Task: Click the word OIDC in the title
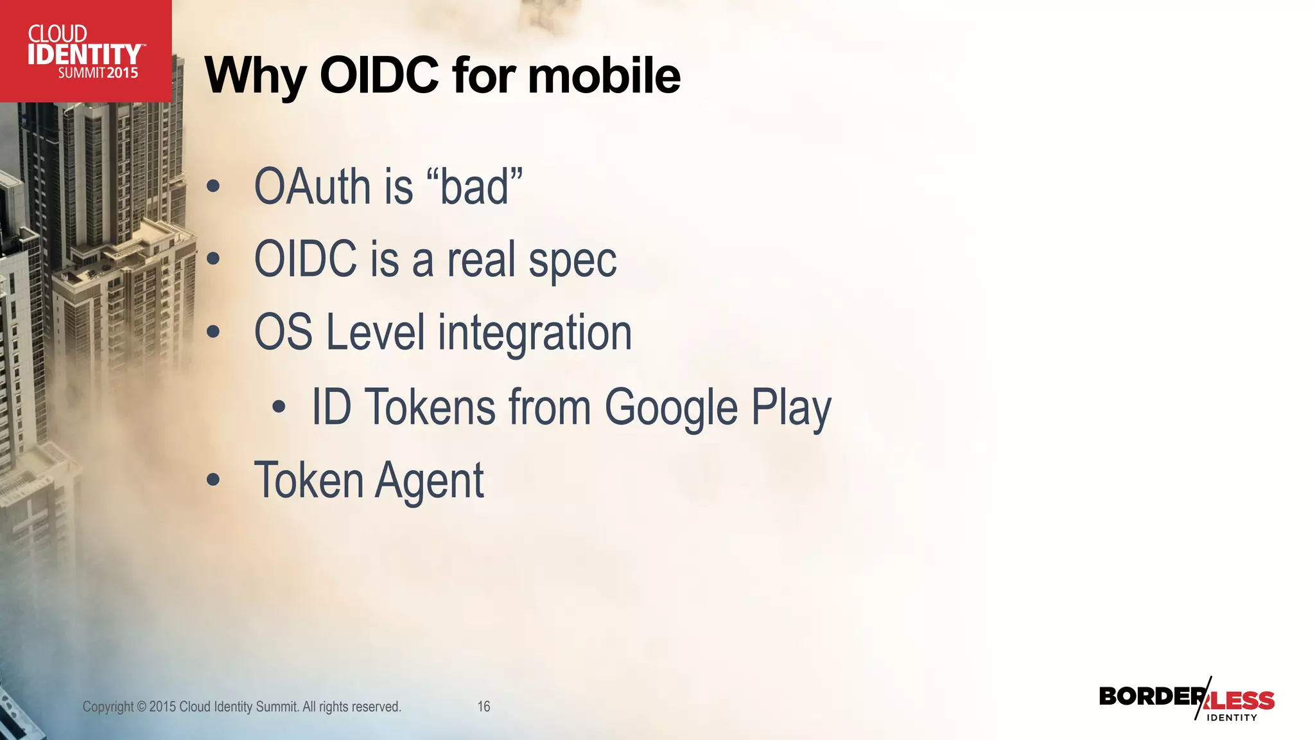[379, 75]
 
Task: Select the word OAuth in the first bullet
[312, 187]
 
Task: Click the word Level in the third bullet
[375, 332]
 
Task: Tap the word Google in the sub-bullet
[671, 408]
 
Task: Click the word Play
[791, 408]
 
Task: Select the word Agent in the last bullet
[429, 481]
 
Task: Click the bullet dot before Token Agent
[213, 480]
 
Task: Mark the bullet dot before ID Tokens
[278, 407]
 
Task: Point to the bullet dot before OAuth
[213, 187]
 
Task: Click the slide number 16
[483, 707]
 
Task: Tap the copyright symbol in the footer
[141, 707]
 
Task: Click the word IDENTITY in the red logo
[83, 55]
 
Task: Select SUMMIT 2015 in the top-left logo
[98, 73]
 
